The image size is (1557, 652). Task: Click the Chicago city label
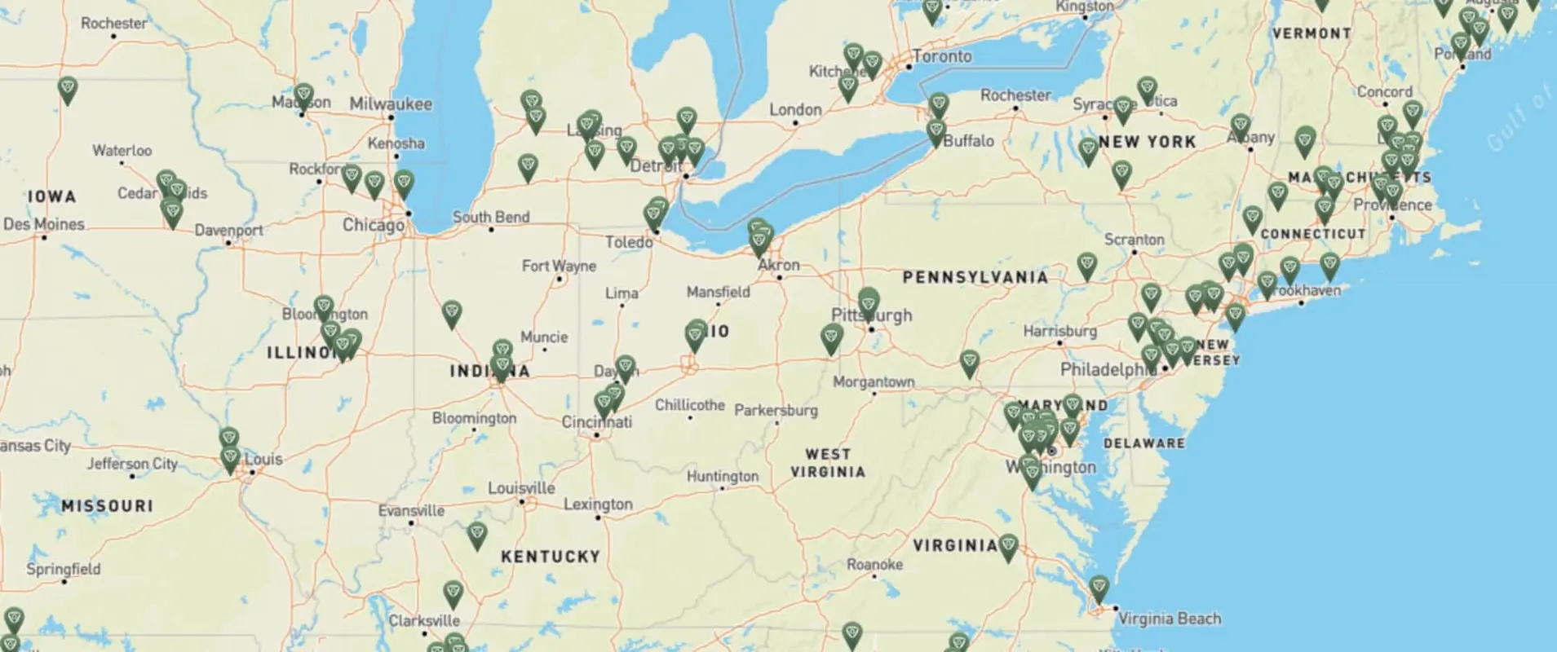[373, 225]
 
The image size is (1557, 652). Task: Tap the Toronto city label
[941, 56]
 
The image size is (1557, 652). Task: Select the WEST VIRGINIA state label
[827, 463]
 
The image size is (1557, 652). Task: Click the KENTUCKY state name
[551, 557]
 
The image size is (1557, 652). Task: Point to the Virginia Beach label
[1169, 619]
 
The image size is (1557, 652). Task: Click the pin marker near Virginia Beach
[1099, 588]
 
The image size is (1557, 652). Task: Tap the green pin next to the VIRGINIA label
[1008, 546]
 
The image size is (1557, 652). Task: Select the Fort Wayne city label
[559, 266]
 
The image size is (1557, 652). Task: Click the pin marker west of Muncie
[451, 313]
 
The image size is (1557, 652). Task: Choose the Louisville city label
[521, 488]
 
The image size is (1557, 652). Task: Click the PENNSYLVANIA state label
[975, 277]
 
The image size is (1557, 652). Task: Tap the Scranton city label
[1134, 240]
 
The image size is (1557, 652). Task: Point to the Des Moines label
[44, 224]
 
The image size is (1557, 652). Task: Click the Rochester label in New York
[1015, 95]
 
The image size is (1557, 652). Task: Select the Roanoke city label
[874, 564]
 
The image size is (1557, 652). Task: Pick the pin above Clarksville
[453, 593]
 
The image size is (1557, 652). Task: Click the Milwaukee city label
[391, 104]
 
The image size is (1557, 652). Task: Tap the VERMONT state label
[1312, 33]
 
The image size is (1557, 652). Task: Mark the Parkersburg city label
[776, 410]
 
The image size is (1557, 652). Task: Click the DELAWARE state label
[1143, 443]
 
